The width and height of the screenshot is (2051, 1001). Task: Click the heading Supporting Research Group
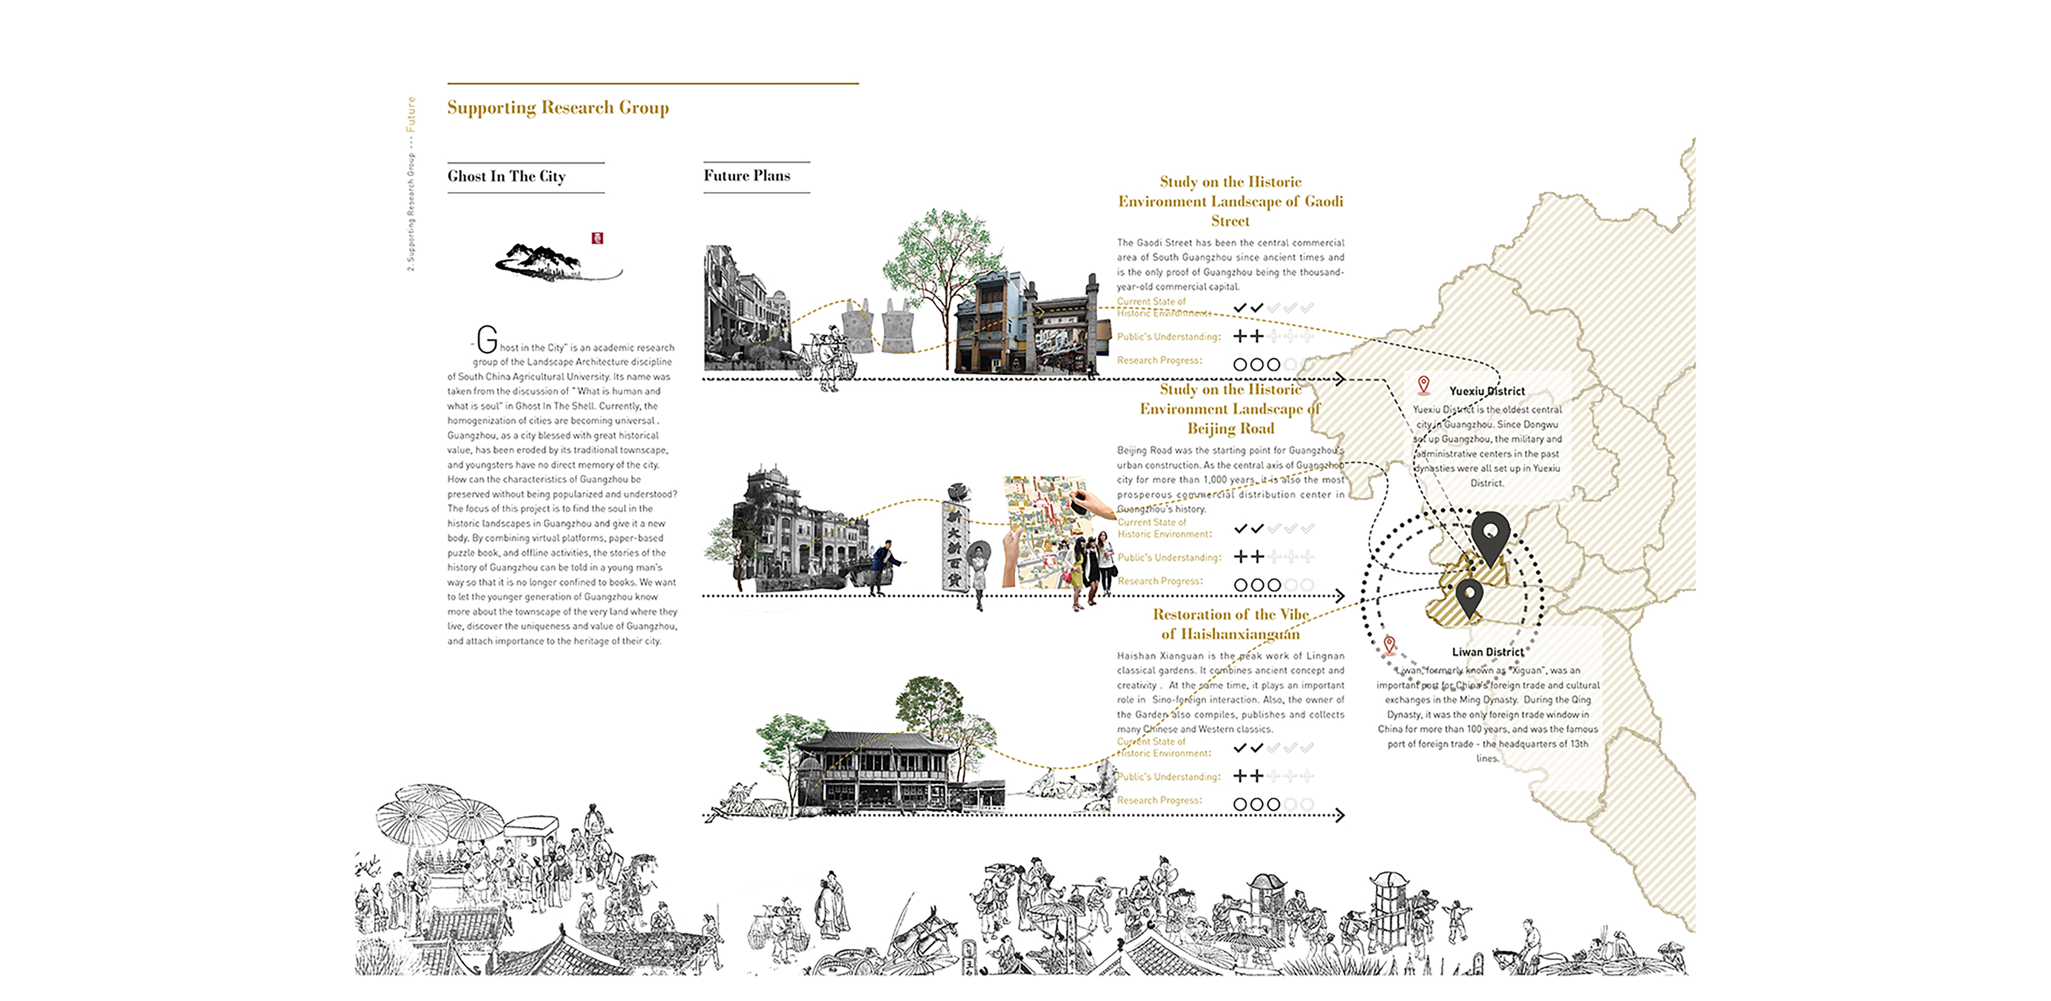click(x=557, y=108)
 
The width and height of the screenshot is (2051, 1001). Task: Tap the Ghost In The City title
click(x=507, y=176)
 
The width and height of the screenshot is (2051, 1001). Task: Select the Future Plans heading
click(x=747, y=175)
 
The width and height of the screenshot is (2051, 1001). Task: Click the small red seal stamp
click(x=597, y=237)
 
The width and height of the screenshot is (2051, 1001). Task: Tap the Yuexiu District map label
click(x=1486, y=391)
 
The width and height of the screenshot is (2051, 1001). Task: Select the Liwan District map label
click(x=1487, y=651)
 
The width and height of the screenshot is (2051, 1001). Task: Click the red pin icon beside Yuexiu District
click(x=1424, y=385)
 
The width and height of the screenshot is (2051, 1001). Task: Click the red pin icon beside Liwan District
click(x=1389, y=644)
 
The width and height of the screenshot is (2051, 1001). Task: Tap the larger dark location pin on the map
click(x=1489, y=536)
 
